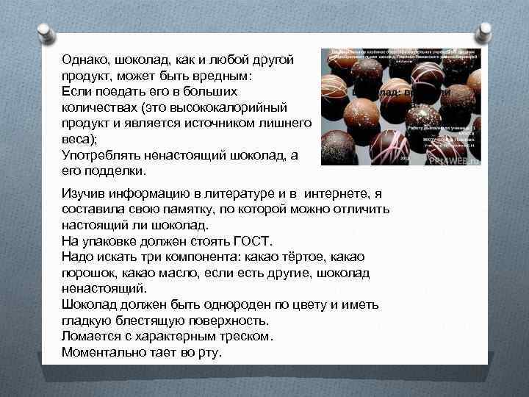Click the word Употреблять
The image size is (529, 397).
[x=99, y=155]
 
